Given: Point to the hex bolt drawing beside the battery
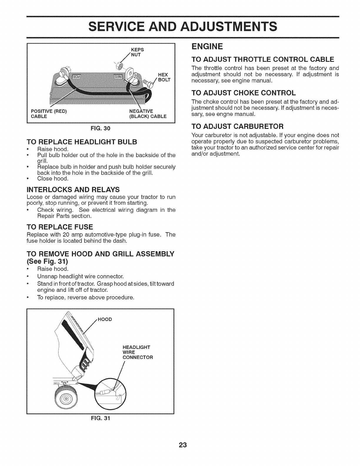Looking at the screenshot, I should pyautogui.click(x=148, y=84).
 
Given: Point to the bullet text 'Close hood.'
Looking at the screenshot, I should pyautogui.click(x=53, y=179).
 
